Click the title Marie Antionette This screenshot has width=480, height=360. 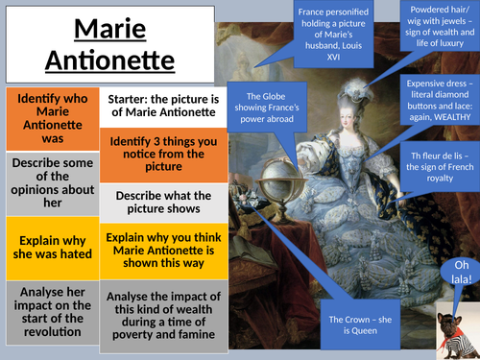click(x=95, y=44)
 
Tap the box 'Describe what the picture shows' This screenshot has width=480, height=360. click(x=156, y=203)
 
